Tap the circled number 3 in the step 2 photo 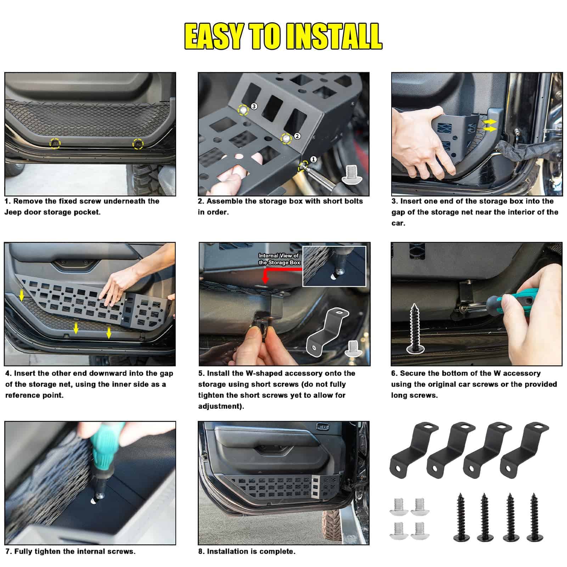[254, 106]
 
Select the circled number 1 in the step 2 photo [313, 159]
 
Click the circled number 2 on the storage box [297, 136]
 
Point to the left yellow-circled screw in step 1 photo [55, 143]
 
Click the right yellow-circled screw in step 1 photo [138, 144]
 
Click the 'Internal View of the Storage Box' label [279, 259]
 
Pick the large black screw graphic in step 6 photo [415, 328]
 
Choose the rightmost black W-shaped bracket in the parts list [524, 448]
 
